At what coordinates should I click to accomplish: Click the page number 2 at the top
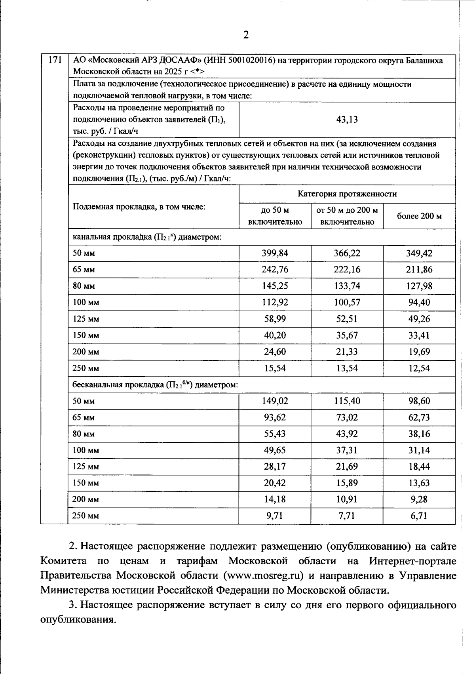click(x=246, y=35)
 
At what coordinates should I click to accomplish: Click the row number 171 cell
click(x=55, y=61)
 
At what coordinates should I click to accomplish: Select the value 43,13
click(x=347, y=120)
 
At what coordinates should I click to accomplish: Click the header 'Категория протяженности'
click(x=347, y=194)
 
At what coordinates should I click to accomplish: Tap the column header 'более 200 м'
click(x=419, y=216)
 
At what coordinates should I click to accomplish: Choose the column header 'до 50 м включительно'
click(x=275, y=216)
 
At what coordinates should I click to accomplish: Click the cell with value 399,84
click(x=275, y=253)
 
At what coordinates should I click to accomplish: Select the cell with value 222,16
click(x=347, y=270)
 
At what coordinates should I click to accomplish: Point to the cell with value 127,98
click(x=419, y=286)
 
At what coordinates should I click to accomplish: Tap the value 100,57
click(x=347, y=303)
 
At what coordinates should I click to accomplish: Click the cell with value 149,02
click(x=275, y=401)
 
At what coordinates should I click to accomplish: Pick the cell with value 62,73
click(x=419, y=417)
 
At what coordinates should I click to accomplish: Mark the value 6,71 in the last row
click(x=419, y=516)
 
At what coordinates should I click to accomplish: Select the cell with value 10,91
click(x=347, y=499)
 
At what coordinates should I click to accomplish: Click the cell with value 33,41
click(x=419, y=335)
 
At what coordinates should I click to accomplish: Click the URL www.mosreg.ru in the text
click(x=264, y=575)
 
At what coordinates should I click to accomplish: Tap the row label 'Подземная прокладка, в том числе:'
click(x=139, y=207)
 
